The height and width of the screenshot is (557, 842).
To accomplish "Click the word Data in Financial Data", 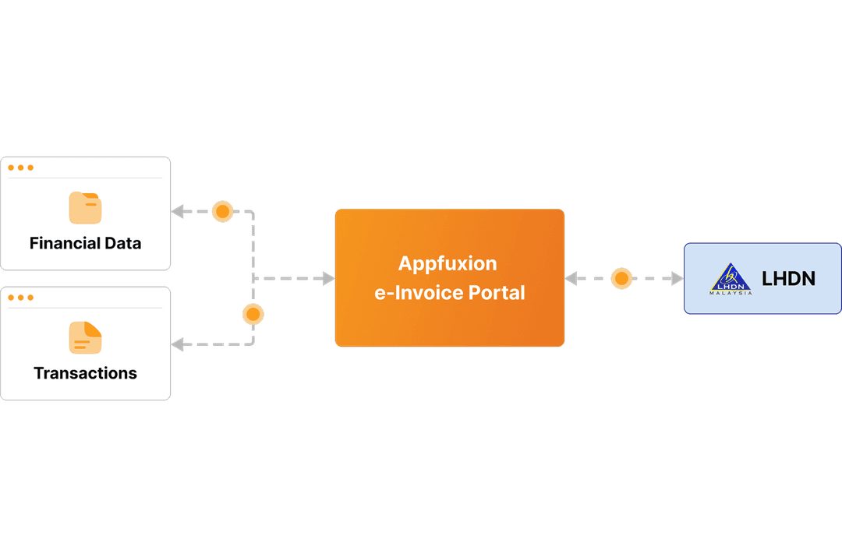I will pyautogui.click(x=122, y=243).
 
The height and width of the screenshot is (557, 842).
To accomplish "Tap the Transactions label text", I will pyautogui.click(x=85, y=373).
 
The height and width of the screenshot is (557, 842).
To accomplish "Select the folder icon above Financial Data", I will pyautogui.click(x=85, y=208).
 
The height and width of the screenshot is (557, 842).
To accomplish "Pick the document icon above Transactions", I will pyautogui.click(x=85, y=337).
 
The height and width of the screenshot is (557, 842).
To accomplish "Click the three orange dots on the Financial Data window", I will pyautogui.click(x=20, y=167).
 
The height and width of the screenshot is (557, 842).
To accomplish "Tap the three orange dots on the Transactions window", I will pyautogui.click(x=20, y=298).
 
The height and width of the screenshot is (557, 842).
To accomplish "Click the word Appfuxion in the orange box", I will pyautogui.click(x=448, y=263).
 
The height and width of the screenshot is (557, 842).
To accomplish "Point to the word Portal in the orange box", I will pyautogui.click(x=497, y=293).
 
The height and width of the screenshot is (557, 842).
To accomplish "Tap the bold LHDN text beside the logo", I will pyautogui.click(x=788, y=279).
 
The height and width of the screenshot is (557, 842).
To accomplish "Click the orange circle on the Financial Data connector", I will pyautogui.click(x=223, y=211).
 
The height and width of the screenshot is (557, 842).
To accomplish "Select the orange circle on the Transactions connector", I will pyautogui.click(x=253, y=315).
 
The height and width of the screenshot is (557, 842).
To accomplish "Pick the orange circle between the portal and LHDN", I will pyautogui.click(x=621, y=278).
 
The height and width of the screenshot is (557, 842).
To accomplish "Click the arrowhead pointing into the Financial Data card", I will pyautogui.click(x=178, y=211).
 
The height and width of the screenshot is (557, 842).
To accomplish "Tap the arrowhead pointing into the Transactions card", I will pyautogui.click(x=178, y=344).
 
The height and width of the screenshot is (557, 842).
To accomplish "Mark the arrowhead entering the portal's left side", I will pyautogui.click(x=328, y=278).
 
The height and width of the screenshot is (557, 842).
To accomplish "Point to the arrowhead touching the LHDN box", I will pyautogui.click(x=677, y=278).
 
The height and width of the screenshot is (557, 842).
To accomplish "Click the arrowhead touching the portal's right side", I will pyautogui.click(x=571, y=278).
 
